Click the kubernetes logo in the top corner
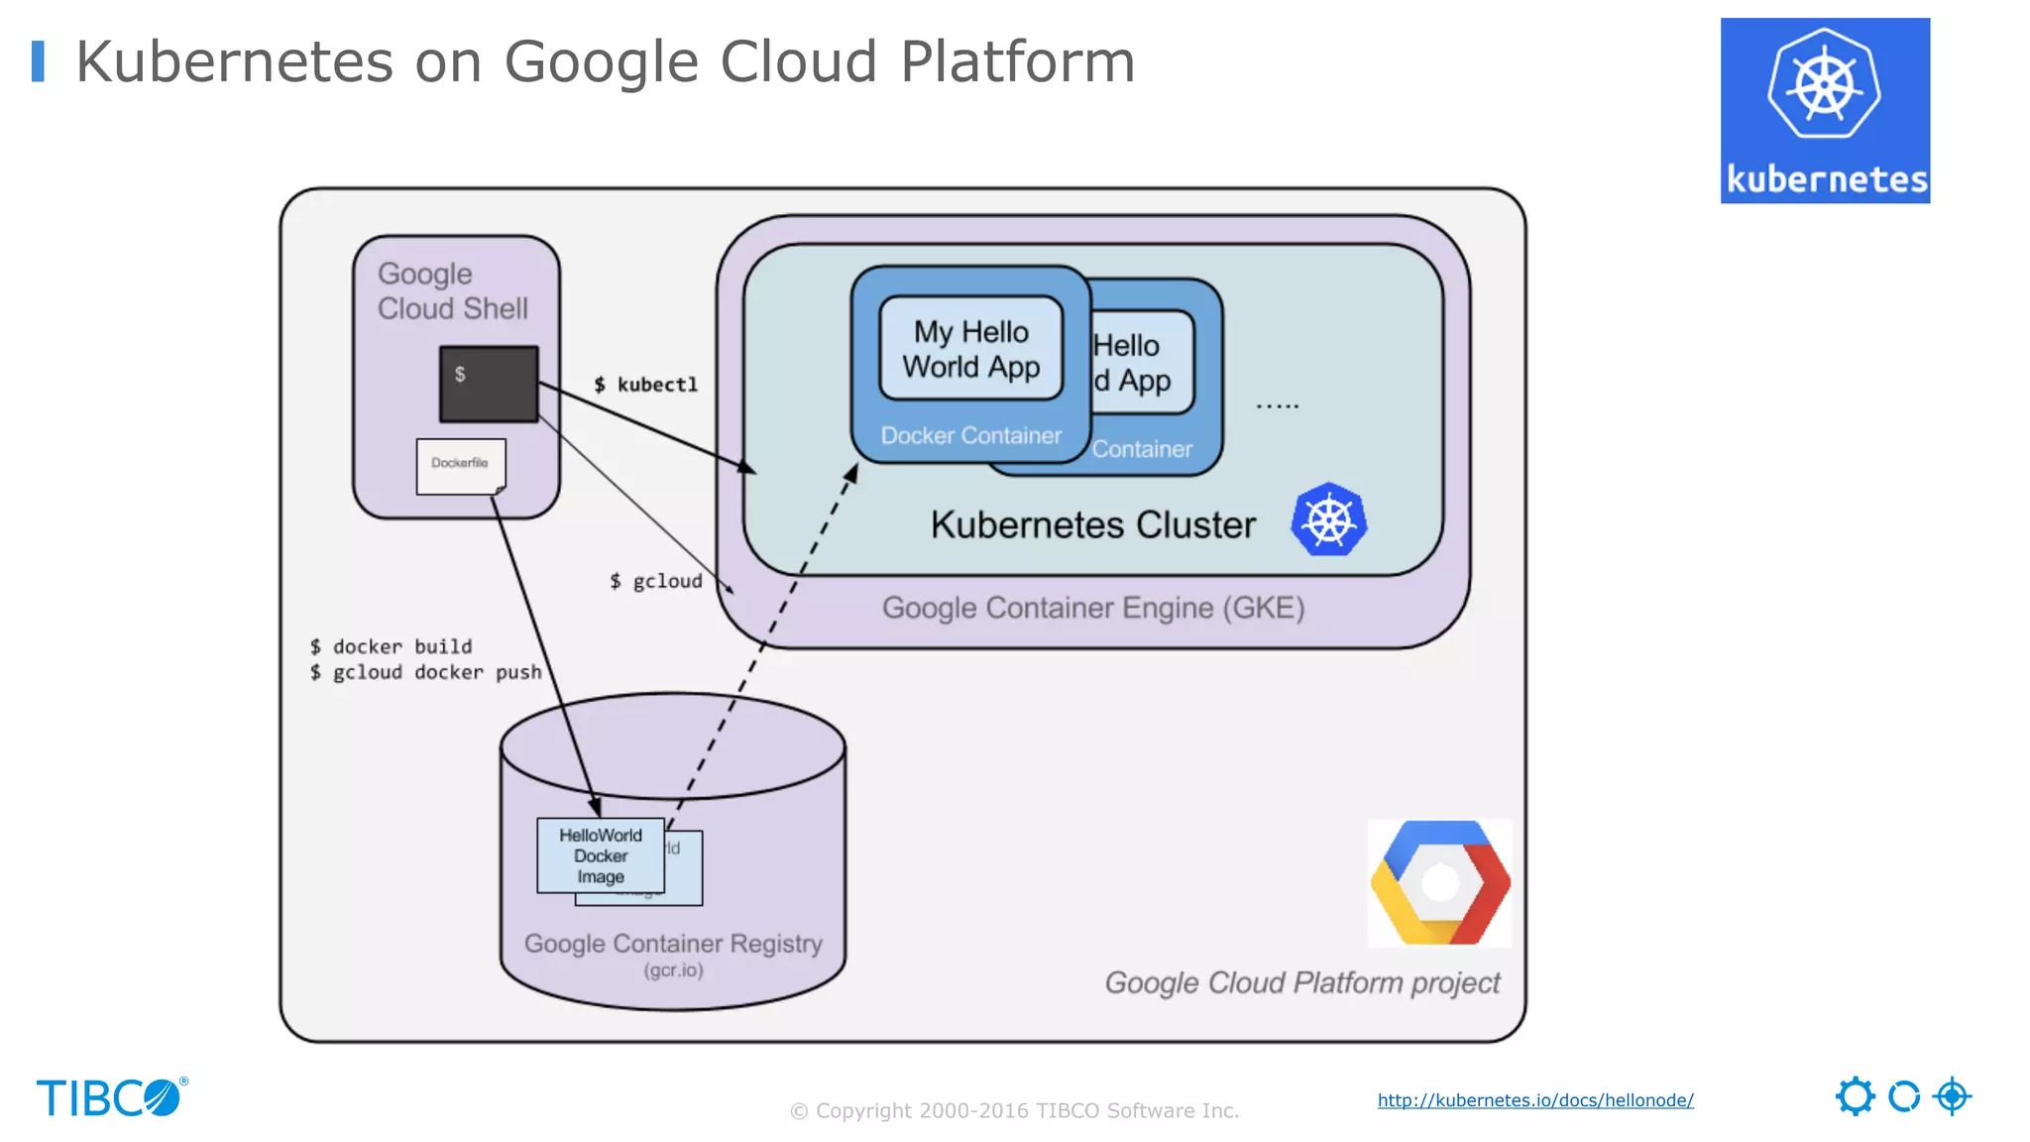[1825, 110]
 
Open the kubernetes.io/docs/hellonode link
[1534, 1100]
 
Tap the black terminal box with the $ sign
[489, 384]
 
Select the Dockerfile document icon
[461, 466]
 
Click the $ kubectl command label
[646, 385]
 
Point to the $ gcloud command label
[655, 581]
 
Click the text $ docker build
[391, 646]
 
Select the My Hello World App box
[970, 349]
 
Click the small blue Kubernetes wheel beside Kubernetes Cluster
[1328, 519]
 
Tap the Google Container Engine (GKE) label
[1092, 608]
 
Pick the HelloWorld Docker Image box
[600, 856]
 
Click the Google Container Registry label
[673, 944]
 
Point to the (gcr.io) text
[673, 971]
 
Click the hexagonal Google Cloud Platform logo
[1439, 882]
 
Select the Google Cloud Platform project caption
[1301, 982]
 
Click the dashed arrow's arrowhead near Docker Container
[851, 474]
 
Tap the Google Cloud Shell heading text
[451, 290]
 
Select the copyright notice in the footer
[1014, 1110]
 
